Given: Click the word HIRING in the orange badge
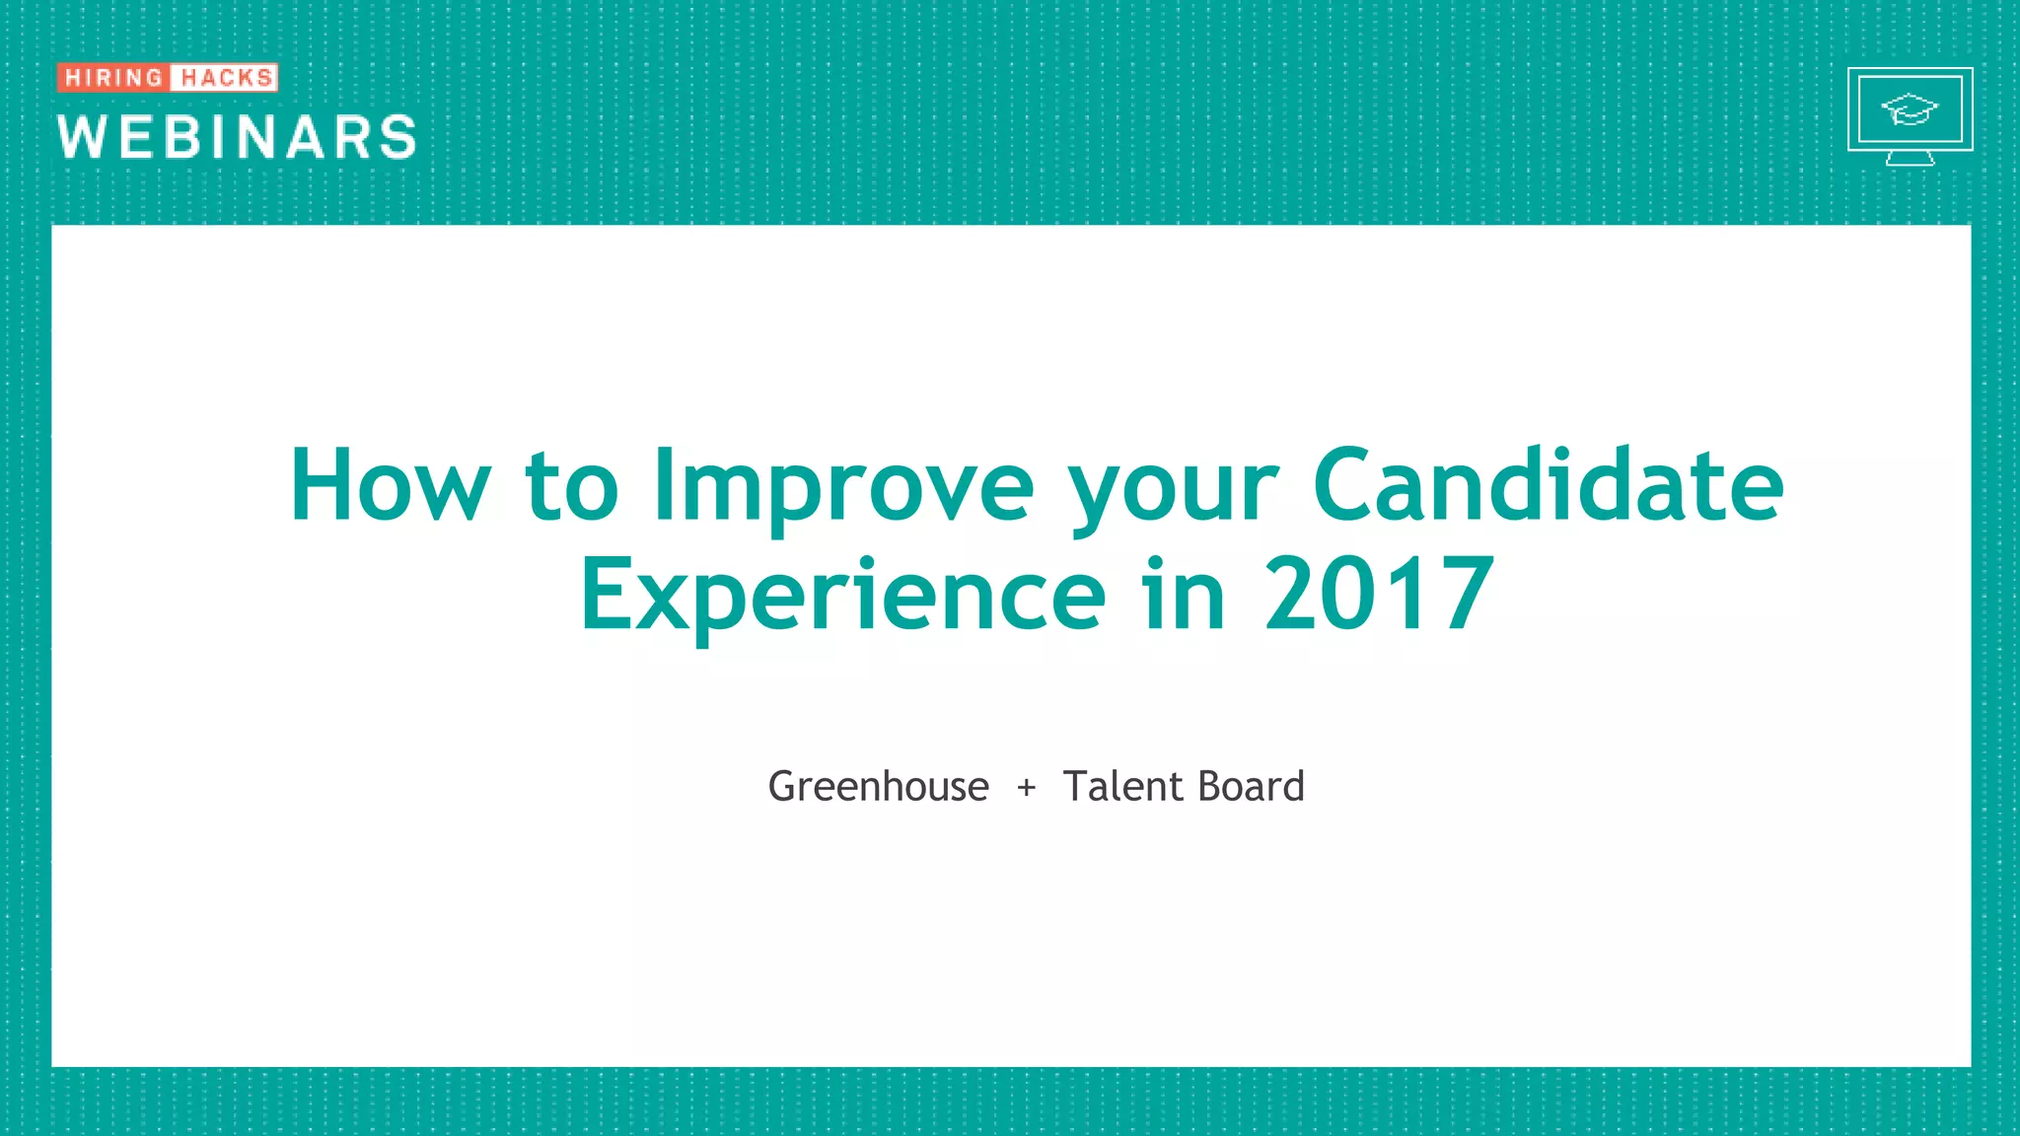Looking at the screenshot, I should (x=113, y=77).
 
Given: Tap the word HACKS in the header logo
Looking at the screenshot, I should (x=226, y=77).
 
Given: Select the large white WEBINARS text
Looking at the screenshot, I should (x=237, y=136).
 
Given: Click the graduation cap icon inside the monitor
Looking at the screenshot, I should (x=1910, y=108).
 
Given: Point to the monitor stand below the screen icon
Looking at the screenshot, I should (x=1910, y=158).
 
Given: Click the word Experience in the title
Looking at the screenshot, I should (x=843, y=595).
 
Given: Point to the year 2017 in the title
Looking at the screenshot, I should (x=1379, y=595).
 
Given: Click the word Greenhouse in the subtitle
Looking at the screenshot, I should (x=878, y=787).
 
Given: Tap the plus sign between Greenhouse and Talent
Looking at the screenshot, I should (x=1027, y=787).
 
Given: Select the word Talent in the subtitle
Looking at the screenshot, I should (x=1122, y=787).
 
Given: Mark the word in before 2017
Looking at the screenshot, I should (x=1184, y=595).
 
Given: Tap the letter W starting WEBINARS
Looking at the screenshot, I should (x=81, y=136).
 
